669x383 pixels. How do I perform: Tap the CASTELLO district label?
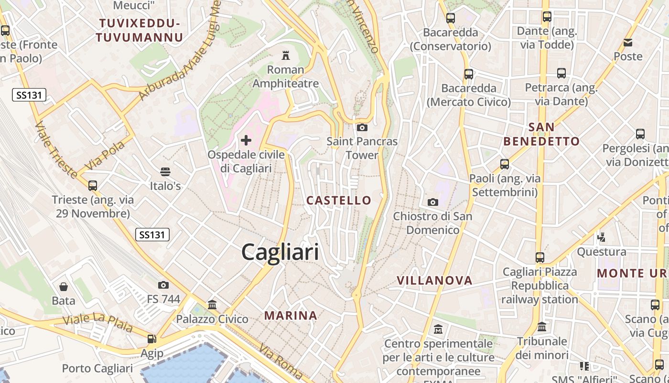point(339,200)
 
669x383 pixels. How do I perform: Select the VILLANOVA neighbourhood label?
point(434,281)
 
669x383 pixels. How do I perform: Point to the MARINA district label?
point(291,315)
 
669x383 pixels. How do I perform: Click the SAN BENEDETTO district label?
point(541,135)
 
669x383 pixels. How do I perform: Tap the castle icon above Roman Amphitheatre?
point(286,55)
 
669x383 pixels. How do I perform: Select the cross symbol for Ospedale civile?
point(246,140)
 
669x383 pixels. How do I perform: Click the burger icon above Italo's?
point(165,172)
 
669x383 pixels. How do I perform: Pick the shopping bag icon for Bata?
point(64,287)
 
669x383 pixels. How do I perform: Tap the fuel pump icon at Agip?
point(152,339)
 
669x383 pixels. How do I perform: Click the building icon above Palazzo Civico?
point(212,304)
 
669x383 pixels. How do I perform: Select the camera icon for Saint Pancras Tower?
point(362,127)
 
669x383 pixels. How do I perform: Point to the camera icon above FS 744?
point(163,285)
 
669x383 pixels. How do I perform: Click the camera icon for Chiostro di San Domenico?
point(433,202)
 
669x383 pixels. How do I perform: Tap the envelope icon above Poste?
point(628,43)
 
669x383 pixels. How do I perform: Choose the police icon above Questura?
point(602,237)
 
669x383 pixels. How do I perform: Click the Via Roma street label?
point(281,360)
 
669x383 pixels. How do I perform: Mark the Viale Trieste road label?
point(56,149)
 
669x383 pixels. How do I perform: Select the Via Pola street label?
point(105,155)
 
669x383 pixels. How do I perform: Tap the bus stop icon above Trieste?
point(93,185)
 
